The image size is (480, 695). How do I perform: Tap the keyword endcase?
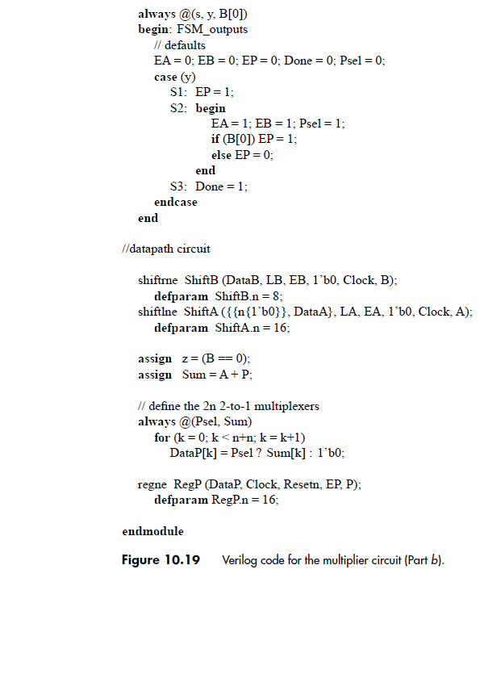pos(175,203)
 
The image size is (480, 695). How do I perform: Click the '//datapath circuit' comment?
pos(165,249)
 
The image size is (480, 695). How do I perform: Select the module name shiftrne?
pos(158,280)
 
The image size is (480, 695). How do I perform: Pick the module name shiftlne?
pos(157,312)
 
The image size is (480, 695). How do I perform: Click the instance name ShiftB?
pos(201,280)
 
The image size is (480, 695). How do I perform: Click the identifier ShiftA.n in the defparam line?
pos(240,328)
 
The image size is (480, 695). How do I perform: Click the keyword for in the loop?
pos(161,438)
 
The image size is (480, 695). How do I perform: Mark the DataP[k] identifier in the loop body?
pos(189,453)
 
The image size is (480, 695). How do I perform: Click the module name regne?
pos(152,484)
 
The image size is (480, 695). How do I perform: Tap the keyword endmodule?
pos(152,531)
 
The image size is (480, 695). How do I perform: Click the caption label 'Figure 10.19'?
pos(160,560)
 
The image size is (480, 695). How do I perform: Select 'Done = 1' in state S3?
pos(221,186)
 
